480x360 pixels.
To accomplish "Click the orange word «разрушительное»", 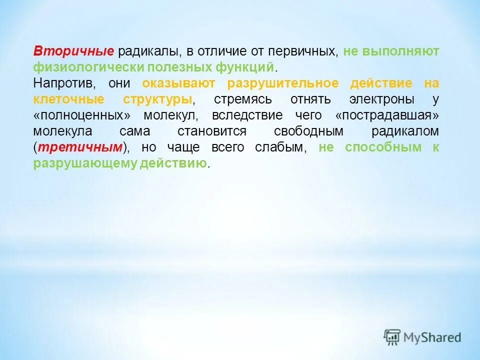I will (x=282, y=83).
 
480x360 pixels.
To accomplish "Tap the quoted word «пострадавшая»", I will (x=387, y=115).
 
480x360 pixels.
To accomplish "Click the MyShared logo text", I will (x=433, y=337).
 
